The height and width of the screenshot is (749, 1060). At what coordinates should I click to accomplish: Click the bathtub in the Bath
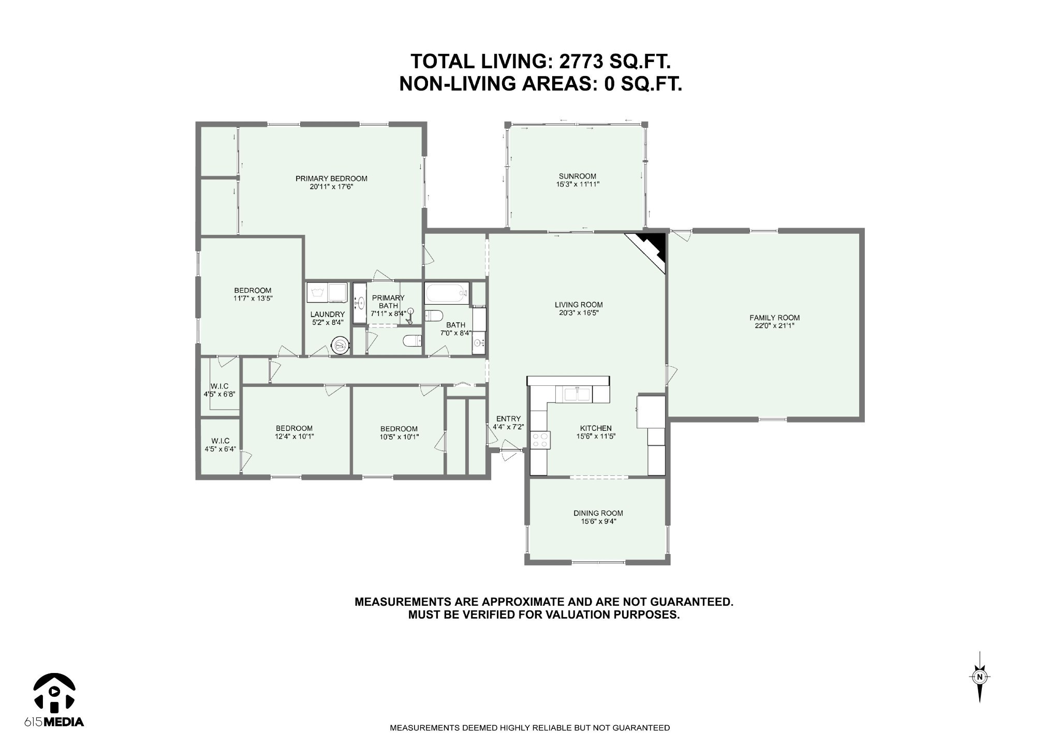click(447, 293)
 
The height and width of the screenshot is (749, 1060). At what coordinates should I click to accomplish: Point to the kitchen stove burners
click(541, 440)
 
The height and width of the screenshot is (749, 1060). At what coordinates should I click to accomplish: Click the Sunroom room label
click(577, 176)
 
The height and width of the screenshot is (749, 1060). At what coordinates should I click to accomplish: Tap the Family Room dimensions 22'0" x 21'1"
click(774, 326)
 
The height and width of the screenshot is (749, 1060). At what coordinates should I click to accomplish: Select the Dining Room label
click(598, 513)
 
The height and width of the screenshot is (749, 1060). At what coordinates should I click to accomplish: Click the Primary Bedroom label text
click(331, 178)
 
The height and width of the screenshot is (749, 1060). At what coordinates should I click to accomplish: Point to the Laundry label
click(327, 314)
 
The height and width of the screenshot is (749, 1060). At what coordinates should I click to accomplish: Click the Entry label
click(508, 418)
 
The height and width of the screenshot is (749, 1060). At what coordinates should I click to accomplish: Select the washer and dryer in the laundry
click(327, 293)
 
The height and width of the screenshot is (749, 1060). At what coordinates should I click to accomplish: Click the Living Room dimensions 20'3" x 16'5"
click(579, 313)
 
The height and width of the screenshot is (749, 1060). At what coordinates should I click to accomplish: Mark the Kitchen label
click(596, 428)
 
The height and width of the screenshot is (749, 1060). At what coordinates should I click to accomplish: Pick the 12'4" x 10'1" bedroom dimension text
click(294, 436)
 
